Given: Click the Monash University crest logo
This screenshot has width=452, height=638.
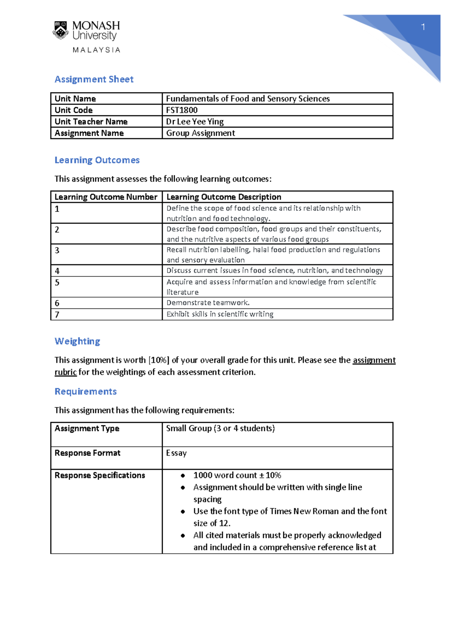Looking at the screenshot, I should (x=60, y=30).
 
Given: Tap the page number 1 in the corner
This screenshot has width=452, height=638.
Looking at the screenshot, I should (x=423, y=27).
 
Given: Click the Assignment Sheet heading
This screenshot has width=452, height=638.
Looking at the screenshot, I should (x=94, y=79).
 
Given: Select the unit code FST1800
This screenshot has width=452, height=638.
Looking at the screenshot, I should (x=182, y=110).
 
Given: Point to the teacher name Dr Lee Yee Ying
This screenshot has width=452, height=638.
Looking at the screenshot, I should (x=195, y=122).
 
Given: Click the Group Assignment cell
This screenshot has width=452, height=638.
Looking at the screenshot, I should (x=200, y=133).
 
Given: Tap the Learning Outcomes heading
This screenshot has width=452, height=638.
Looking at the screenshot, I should (x=97, y=160).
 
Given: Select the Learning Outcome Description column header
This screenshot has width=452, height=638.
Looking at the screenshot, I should (x=224, y=197).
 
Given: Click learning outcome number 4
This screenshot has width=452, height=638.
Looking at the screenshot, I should (x=57, y=271).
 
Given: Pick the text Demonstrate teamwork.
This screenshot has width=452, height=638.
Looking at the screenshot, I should (x=208, y=303).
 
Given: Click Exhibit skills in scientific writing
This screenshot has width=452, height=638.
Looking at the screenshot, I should (x=220, y=314).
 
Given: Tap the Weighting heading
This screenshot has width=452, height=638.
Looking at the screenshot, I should (x=77, y=341).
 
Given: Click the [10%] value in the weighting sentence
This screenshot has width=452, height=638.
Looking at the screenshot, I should (x=159, y=360).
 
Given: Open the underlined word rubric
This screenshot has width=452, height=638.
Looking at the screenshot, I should (x=66, y=372).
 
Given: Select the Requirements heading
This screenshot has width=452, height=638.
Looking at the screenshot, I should (x=86, y=392).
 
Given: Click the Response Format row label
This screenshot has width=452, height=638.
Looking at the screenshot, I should (x=87, y=453).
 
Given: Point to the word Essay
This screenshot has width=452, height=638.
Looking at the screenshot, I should (x=176, y=453).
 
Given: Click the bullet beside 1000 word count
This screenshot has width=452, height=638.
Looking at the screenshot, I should (x=183, y=475).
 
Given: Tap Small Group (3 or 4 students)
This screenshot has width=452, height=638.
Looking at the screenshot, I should (x=220, y=428).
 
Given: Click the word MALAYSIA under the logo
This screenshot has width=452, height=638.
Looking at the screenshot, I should (x=96, y=50).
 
